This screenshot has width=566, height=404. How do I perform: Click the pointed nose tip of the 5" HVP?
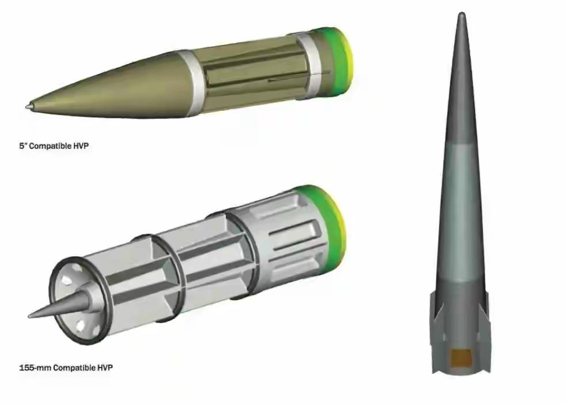27,107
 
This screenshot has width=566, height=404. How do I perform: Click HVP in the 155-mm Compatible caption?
105,368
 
